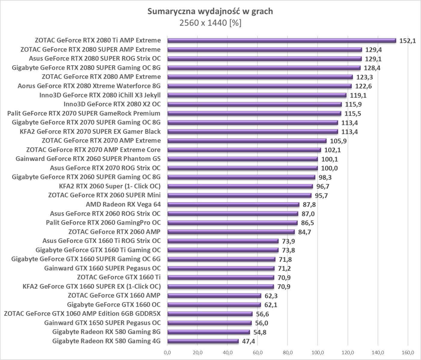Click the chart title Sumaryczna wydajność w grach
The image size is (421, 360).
click(x=210, y=11)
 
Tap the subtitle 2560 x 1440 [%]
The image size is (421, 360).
click(x=210, y=23)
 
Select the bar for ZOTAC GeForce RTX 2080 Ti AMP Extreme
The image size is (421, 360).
click(x=281, y=40)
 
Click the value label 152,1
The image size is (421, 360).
click(x=407, y=41)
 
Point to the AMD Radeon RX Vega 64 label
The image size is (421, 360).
click(x=123, y=205)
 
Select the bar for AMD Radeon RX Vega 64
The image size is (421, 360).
click(x=233, y=205)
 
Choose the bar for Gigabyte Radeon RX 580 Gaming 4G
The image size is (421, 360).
click(x=203, y=341)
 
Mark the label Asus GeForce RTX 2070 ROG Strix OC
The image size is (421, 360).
click(x=105, y=168)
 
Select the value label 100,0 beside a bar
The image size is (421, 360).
click(x=329, y=168)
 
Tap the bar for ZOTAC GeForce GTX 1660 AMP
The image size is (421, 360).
click(x=214, y=296)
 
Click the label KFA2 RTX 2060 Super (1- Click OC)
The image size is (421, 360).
click(x=110, y=186)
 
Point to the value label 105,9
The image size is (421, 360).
click(x=338, y=141)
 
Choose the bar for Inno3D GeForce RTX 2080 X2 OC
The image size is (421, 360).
click(x=254, y=104)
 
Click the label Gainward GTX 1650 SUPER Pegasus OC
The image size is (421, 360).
click(x=102, y=323)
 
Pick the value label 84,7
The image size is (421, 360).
click(x=305, y=232)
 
